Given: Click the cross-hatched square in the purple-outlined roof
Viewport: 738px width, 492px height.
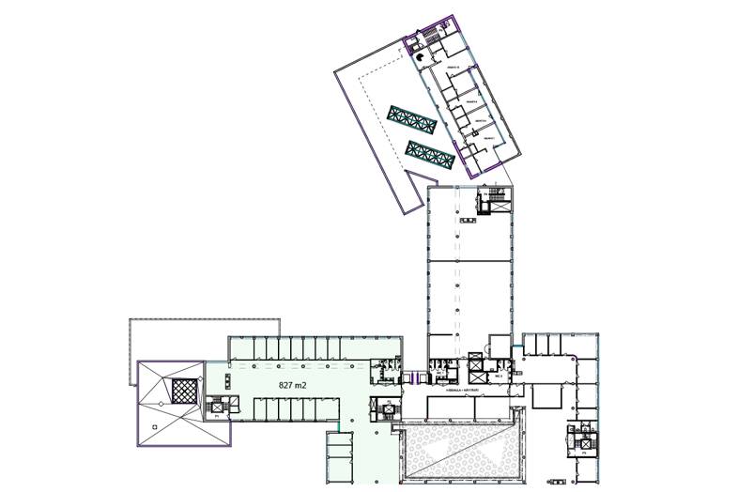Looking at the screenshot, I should (x=184, y=389).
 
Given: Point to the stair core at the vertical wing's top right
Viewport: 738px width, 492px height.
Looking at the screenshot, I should (x=493, y=199).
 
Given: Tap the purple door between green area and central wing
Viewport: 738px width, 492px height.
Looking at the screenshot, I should (x=409, y=377).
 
